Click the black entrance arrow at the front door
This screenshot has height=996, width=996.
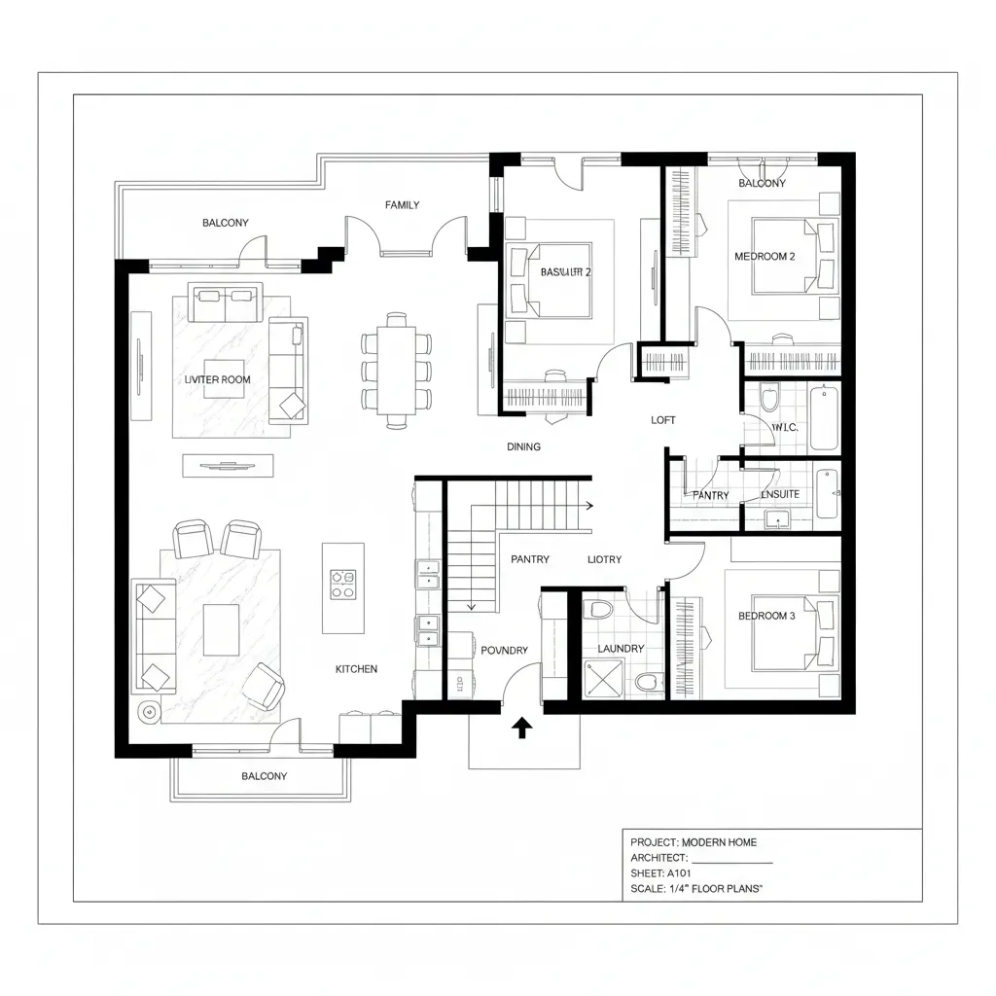tap(521, 728)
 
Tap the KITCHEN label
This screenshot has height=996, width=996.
tap(356, 669)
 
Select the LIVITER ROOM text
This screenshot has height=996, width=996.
tap(217, 379)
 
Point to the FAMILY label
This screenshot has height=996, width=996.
tap(402, 205)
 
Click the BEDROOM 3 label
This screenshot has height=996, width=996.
tap(766, 616)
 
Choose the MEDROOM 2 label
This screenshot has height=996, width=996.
tap(765, 257)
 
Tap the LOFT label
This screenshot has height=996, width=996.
tap(662, 420)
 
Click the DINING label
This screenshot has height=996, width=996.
tap(523, 446)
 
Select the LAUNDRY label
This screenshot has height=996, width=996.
tap(621, 649)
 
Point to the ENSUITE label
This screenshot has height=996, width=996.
tap(780, 494)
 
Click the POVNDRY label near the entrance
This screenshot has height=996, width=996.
tap(504, 650)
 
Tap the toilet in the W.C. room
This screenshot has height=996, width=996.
tap(770, 400)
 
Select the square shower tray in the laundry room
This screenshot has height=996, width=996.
tap(602, 678)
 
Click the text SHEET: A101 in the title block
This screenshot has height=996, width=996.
tap(659, 873)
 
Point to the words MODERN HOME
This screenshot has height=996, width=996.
tap(719, 842)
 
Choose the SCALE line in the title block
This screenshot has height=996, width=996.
tap(696, 889)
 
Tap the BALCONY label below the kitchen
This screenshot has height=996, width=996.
tap(264, 776)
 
